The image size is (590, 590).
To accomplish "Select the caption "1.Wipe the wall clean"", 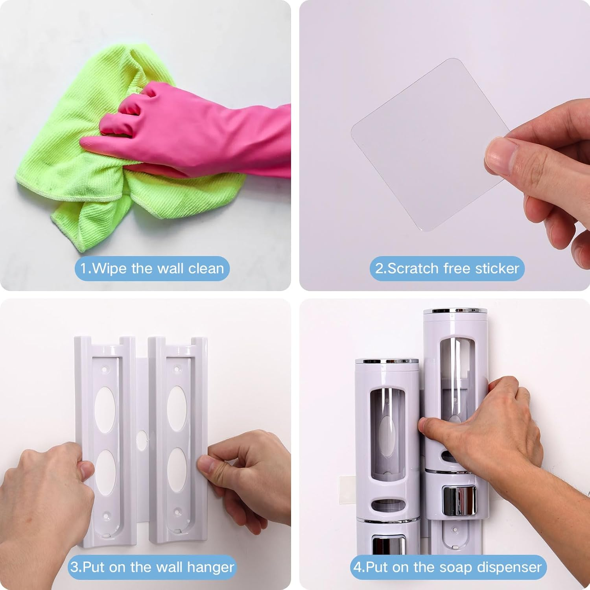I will pos(152,269).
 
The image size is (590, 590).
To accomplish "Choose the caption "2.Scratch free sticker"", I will pos(447,269).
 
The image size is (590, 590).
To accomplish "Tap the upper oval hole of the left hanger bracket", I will pos(105,409).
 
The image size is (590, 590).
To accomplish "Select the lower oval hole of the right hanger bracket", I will pos(177,470).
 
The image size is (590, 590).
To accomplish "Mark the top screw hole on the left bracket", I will pos(105,370).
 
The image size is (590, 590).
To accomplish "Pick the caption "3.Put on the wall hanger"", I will pos(152,567).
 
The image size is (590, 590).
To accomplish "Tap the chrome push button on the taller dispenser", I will pos(459,500).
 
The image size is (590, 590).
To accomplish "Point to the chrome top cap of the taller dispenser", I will pos(455,311).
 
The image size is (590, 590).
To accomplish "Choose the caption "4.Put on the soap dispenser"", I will pos(448,567).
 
